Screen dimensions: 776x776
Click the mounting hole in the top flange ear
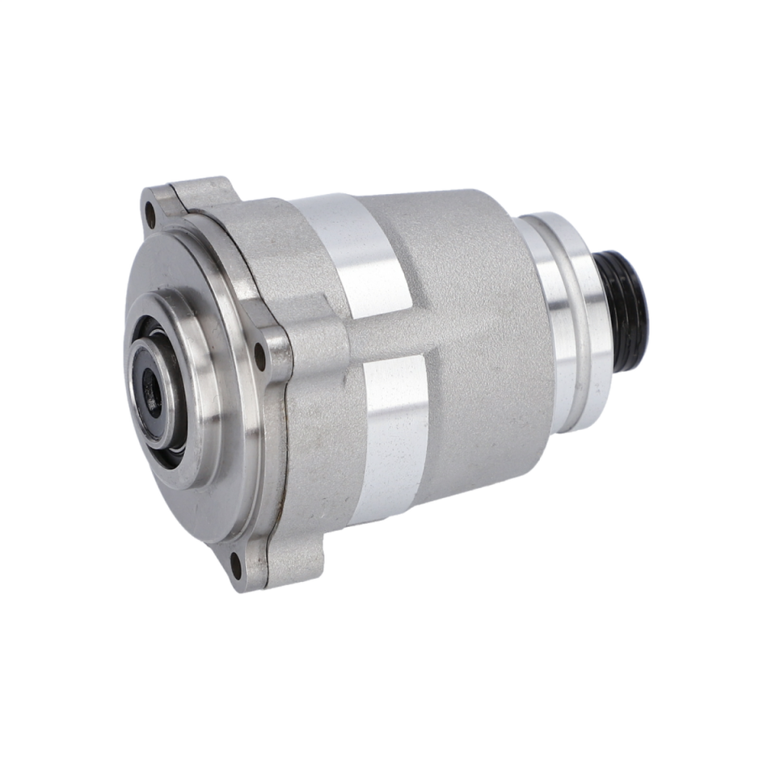coord(150,215)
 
